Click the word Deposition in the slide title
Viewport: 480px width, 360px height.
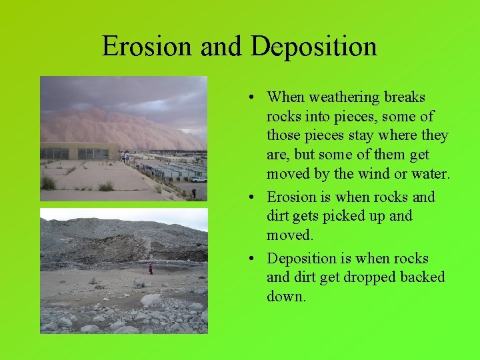click(314, 47)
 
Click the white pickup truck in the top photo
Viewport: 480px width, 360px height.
click(198, 179)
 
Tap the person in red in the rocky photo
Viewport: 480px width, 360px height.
click(151, 269)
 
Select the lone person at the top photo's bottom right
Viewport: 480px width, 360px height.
click(194, 193)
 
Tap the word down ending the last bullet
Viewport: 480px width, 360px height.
click(285, 297)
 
